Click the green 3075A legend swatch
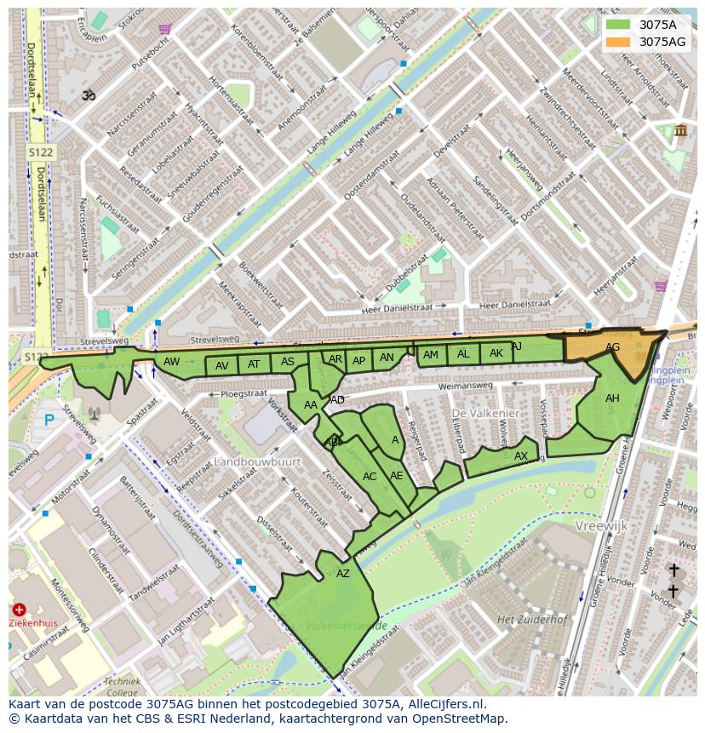[618, 25]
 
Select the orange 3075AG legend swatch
[618, 42]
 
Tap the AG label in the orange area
[612, 347]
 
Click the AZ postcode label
[342, 574]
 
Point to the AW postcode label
[171, 362]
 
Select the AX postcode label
[521, 456]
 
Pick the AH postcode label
[612, 398]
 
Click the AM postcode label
[431, 355]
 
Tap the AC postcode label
[370, 477]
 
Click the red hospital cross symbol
[19, 610]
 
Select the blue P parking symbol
[49, 420]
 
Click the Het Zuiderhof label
[532, 619]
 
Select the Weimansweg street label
[466, 387]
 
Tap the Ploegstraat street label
[244, 394]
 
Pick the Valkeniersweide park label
[347, 626]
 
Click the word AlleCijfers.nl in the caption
[446, 705]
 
